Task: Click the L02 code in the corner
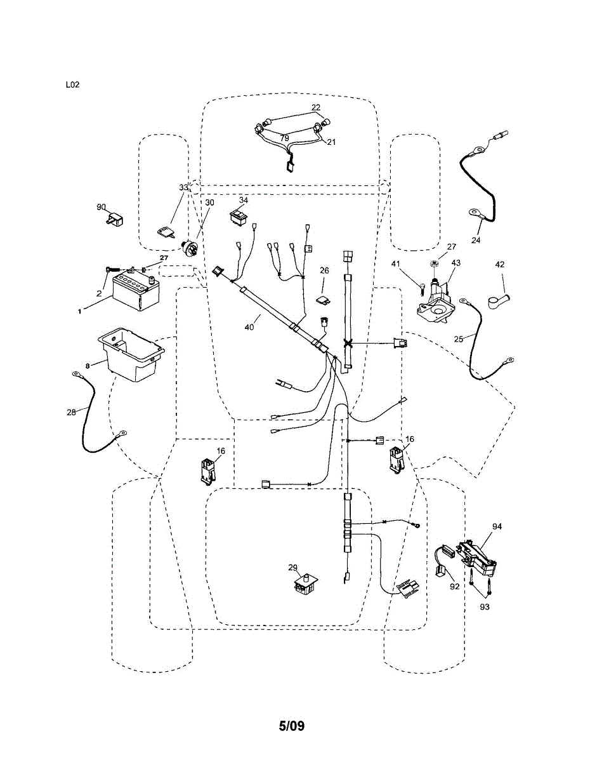tap(72, 84)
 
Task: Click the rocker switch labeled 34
tap(239, 217)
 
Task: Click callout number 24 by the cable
tap(476, 240)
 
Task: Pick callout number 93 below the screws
tap(485, 607)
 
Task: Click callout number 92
tap(454, 587)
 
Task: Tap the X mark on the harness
tap(348, 344)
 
